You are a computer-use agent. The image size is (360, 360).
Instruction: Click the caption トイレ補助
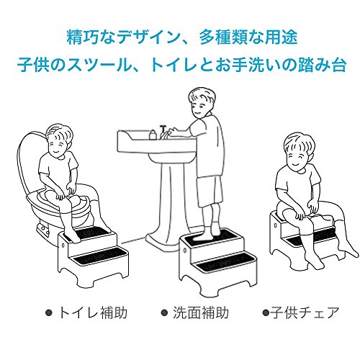pyautogui.click(x=93, y=312)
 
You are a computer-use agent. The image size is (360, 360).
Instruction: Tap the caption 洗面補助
pyautogui.click(x=201, y=312)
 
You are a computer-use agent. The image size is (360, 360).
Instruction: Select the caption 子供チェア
pyautogui.click(x=305, y=312)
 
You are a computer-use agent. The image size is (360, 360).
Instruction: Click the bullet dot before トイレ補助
pyautogui.click(x=49, y=313)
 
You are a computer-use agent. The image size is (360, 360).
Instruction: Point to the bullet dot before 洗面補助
pyautogui.click(x=164, y=313)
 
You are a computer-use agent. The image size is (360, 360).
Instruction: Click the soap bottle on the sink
pyautogui.click(x=153, y=135)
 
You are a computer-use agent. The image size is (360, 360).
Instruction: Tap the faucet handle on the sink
pyautogui.click(x=163, y=127)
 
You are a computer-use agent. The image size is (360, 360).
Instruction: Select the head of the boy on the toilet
pyautogui.click(x=59, y=140)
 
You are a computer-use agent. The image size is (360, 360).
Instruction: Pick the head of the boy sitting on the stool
pyautogui.click(x=299, y=152)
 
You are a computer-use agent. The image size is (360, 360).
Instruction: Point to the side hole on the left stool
pyautogui.click(x=63, y=245)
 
